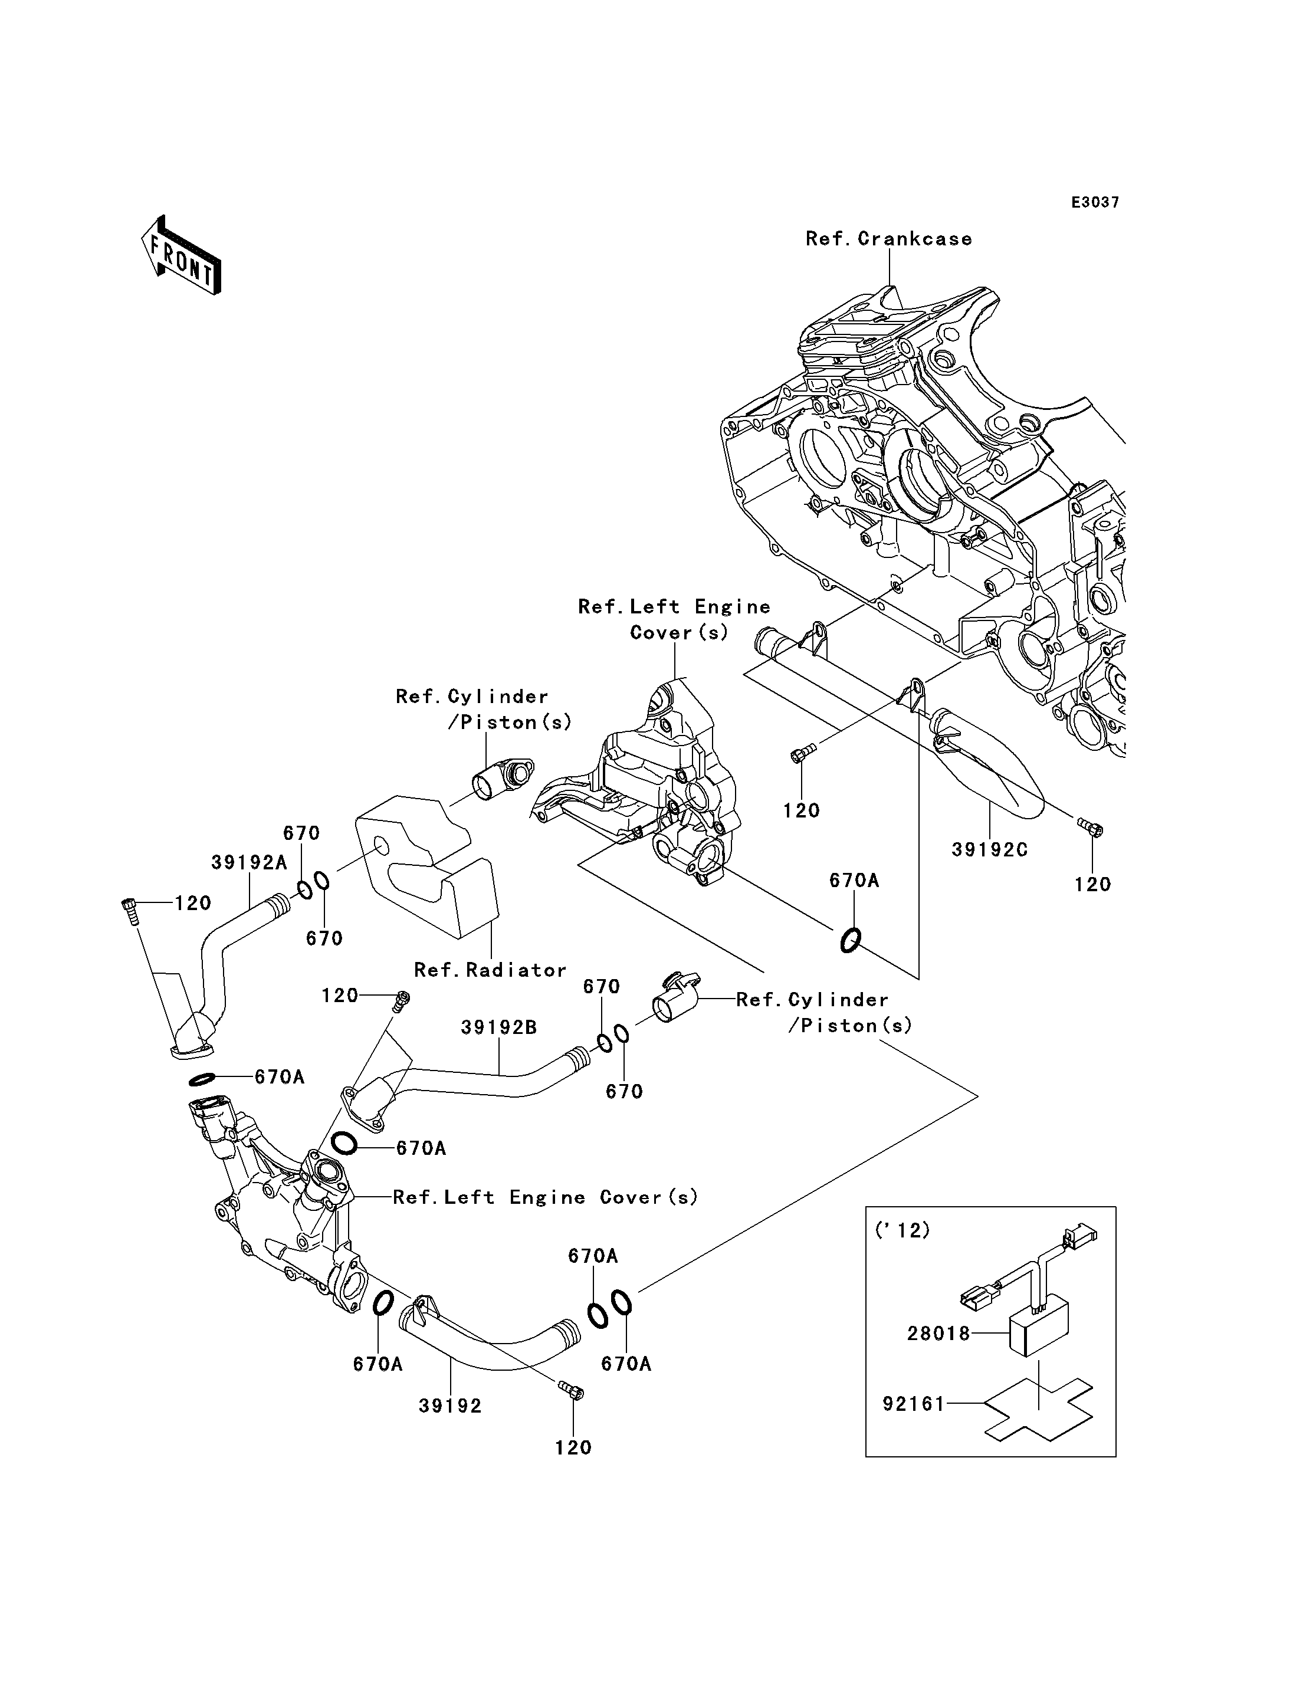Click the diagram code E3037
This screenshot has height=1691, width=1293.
[x=1096, y=202]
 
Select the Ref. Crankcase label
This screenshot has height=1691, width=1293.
[x=889, y=239]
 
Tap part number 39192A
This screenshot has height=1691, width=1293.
[x=250, y=863]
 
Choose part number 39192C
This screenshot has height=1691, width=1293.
[x=990, y=850]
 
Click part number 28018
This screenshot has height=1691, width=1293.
[x=938, y=1333]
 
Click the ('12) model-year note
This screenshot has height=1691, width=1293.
[x=903, y=1231]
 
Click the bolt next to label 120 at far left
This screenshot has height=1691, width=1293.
[x=129, y=911]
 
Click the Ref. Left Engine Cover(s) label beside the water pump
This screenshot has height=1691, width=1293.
[x=546, y=1197]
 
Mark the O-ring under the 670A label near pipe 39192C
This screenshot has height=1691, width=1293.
[x=849, y=940]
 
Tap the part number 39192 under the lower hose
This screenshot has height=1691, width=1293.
[x=450, y=1406]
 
